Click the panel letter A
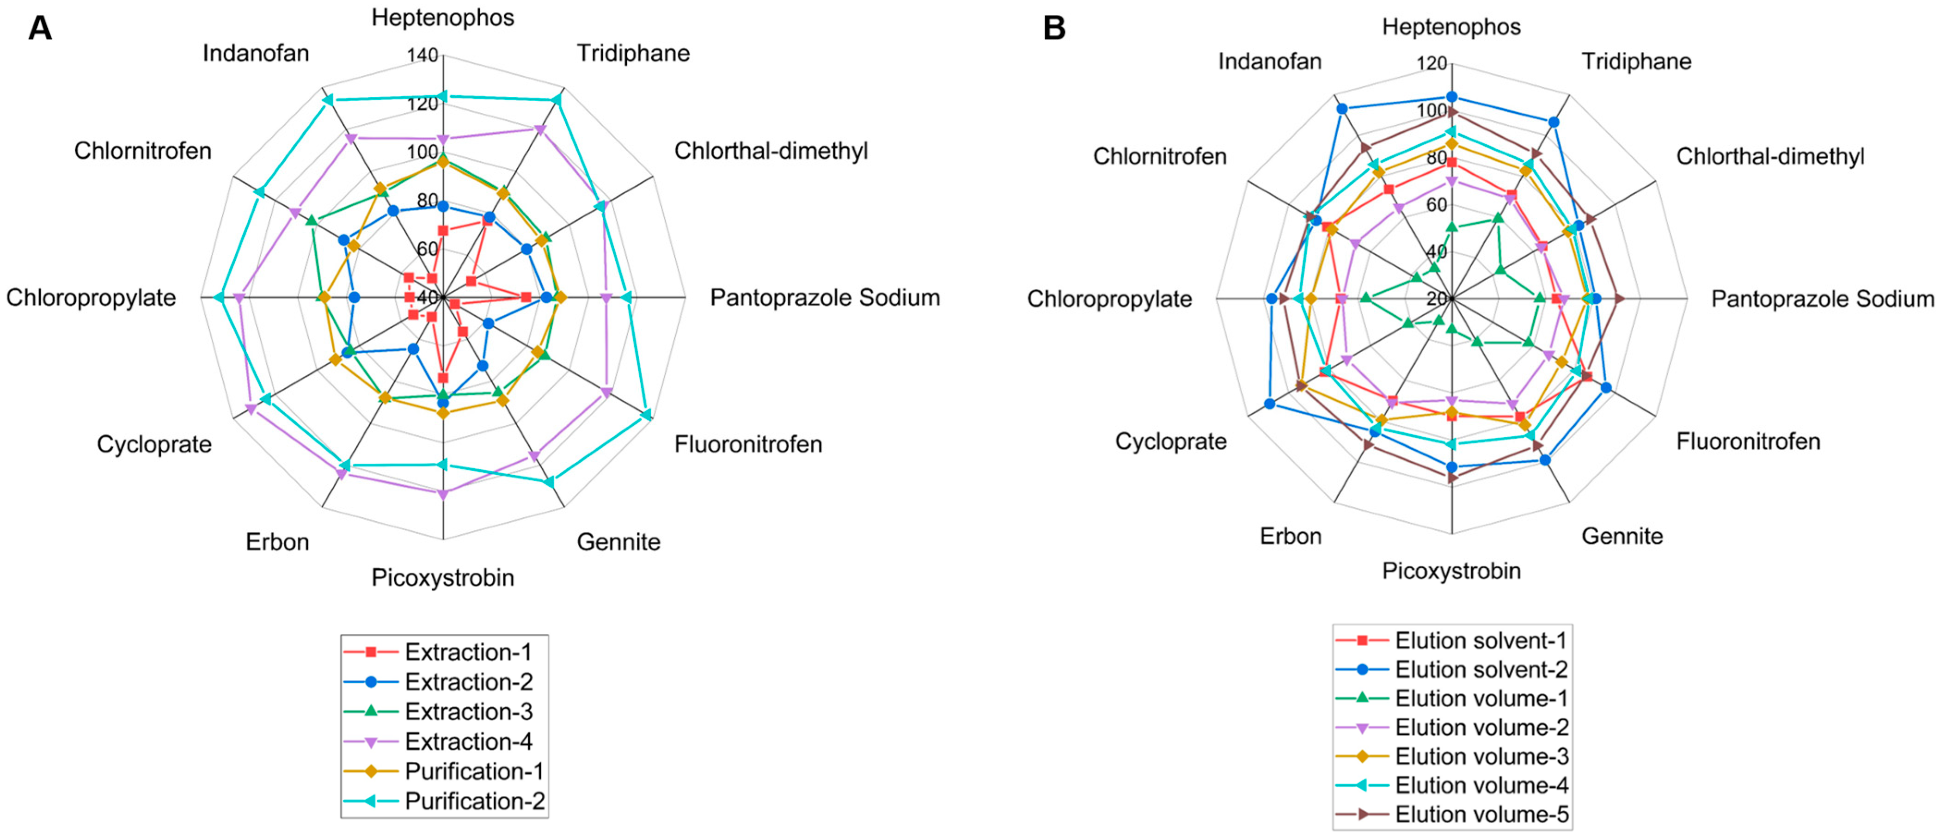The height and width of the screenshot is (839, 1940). [x=40, y=29]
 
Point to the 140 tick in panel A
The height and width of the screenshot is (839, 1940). [x=422, y=55]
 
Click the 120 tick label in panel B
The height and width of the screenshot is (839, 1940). [x=1432, y=63]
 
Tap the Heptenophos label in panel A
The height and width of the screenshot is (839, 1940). [x=443, y=17]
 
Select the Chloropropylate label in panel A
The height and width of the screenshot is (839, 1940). [x=91, y=298]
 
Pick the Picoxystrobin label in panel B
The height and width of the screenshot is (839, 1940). [x=1451, y=571]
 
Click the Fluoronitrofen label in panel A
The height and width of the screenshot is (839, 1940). [x=748, y=444]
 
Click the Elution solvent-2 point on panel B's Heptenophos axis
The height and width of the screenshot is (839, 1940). [x=1452, y=97]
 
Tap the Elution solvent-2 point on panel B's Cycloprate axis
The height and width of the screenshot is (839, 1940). [x=1270, y=404]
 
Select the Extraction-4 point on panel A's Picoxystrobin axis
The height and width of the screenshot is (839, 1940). [x=443, y=494]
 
